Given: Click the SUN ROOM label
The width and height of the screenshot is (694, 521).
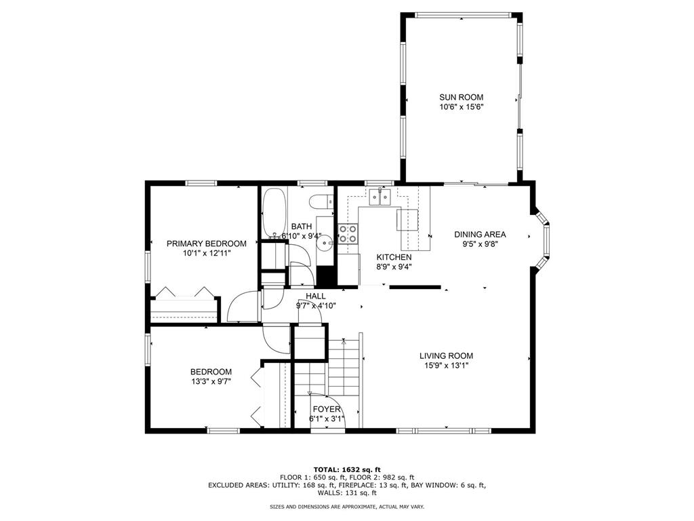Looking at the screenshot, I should coord(461,97).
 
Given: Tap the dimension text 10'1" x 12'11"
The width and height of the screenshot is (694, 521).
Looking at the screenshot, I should coord(207,253).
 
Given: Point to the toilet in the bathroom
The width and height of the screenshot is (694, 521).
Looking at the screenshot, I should coord(319,201).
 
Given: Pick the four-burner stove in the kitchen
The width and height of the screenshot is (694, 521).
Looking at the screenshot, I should coord(348,234).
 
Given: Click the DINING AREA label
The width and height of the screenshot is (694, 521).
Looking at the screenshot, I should coord(480,235).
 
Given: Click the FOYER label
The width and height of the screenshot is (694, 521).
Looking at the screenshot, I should coord(326,409).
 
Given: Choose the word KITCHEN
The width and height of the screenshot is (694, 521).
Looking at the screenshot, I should coord(394,257).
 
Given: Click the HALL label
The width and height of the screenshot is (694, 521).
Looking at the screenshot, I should coord(315,296).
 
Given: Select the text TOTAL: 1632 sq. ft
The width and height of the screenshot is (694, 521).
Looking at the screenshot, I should coord(346,469).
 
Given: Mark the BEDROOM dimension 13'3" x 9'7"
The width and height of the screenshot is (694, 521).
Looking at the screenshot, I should coord(211,381).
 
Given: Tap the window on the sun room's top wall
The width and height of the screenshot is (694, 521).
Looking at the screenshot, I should coord(463,14).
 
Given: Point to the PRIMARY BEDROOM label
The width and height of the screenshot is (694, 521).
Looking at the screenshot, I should coord(207,244).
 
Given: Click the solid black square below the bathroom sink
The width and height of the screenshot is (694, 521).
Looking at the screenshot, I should coord(326,277).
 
